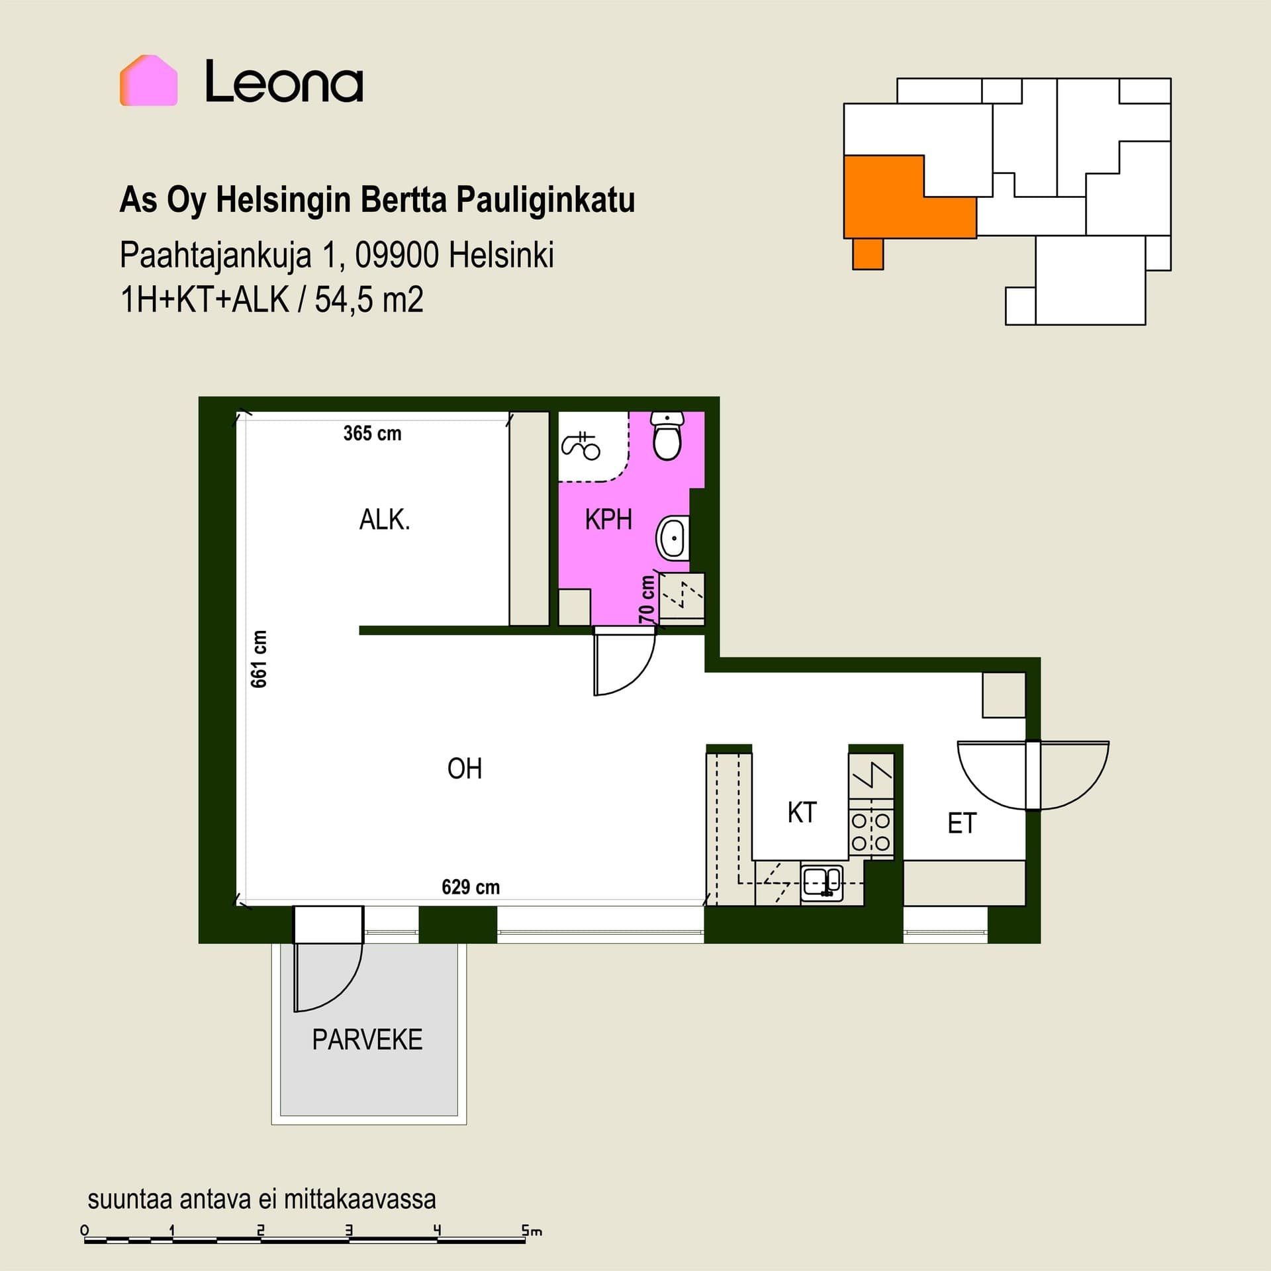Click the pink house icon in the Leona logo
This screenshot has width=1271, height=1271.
[x=148, y=80]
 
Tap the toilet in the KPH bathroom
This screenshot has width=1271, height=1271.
[x=667, y=436]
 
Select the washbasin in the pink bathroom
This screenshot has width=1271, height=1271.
[x=673, y=538]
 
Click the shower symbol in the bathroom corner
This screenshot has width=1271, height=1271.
[x=581, y=445]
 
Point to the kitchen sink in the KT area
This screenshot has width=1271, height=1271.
[x=822, y=883]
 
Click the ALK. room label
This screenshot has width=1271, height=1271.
[x=385, y=520]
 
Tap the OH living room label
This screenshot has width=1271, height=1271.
[x=465, y=769]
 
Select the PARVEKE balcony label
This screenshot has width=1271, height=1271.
[x=367, y=1039]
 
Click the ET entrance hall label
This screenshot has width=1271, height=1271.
[x=962, y=824]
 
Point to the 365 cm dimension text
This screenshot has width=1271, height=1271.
[x=372, y=434]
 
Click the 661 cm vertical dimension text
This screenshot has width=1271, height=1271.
[x=259, y=659]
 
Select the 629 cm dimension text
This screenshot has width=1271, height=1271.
[x=471, y=887]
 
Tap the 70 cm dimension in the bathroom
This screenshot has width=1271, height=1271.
[x=647, y=599]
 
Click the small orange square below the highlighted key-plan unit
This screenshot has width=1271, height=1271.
[x=868, y=254]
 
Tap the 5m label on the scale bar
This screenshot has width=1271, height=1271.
[x=532, y=1231]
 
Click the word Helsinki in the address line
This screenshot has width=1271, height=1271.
[x=501, y=255]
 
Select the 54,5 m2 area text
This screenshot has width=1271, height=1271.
[x=369, y=300]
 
